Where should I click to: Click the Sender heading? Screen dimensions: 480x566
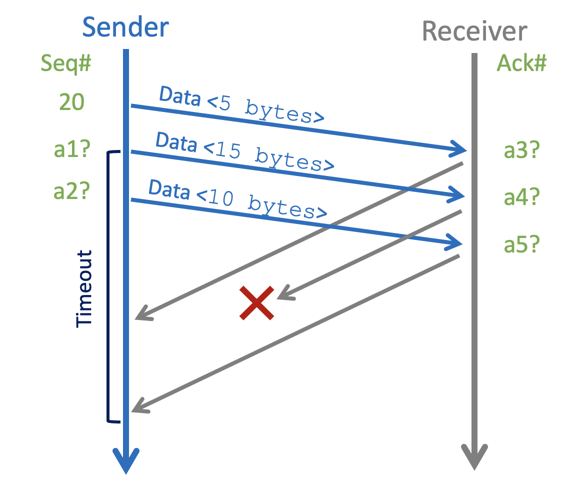(125, 27)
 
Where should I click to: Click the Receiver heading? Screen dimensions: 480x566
(474, 31)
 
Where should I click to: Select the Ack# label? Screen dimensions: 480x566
(521, 64)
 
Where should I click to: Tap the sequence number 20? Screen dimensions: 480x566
(71, 102)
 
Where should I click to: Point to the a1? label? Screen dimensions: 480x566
(71, 149)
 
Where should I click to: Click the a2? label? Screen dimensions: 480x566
(71, 191)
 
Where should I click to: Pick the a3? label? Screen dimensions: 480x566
(521, 151)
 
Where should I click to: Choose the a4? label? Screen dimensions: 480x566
(521, 198)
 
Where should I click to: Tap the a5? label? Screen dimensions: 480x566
(521, 245)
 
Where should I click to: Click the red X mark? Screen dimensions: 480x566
(256, 303)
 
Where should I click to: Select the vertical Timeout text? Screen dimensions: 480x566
(84, 288)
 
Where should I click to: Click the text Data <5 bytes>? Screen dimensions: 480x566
(241, 104)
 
